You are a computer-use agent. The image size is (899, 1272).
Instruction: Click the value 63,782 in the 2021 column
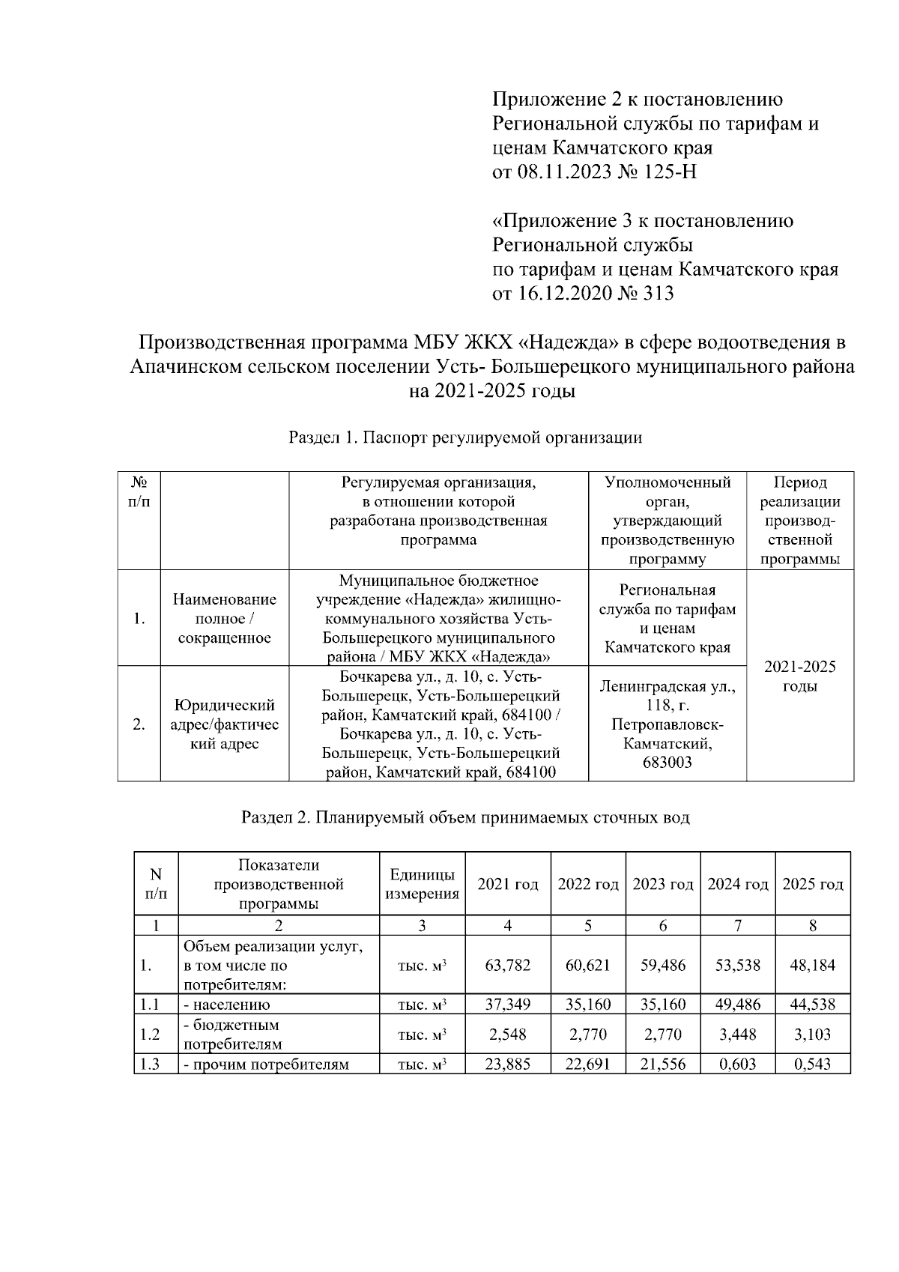coord(507,965)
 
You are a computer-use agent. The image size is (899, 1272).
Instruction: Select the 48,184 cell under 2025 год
coord(812,965)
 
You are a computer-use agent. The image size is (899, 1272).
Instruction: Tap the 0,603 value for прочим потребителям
coord(737,1064)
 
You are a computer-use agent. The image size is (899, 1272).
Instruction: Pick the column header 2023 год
coord(662,884)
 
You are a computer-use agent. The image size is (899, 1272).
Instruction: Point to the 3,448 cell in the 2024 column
coord(737,1035)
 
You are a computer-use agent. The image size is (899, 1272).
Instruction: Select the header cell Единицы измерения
coord(422,884)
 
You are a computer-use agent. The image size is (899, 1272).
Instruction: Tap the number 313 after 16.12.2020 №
coord(658,293)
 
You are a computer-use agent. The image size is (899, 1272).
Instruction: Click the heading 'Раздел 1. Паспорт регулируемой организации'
coord(465,437)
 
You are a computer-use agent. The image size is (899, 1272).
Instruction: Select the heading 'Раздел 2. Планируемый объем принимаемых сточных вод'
coord(465,817)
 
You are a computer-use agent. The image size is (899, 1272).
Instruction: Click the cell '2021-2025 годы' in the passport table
coord(799,676)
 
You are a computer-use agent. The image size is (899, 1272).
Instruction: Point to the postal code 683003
coord(667,763)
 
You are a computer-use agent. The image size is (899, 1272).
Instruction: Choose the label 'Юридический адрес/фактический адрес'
coord(224,724)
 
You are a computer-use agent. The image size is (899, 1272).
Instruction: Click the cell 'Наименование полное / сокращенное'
coord(224,619)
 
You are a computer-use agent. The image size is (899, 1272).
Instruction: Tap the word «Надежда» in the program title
coord(570,343)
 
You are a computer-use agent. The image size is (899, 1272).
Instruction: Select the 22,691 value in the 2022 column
coord(587,1064)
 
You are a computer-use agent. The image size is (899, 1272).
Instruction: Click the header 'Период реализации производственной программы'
coord(799,521)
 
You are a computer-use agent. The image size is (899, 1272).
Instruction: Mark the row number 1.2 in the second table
coord(150,1035)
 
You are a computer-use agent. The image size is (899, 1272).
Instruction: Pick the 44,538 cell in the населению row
coord(812,1005)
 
